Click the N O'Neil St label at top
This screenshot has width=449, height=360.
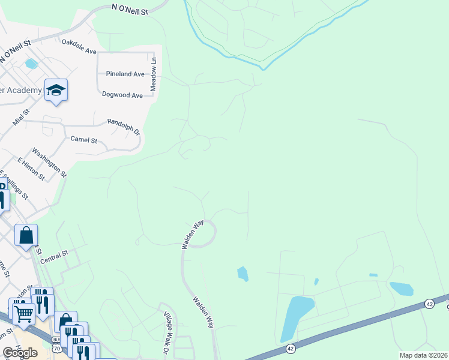tap(130, 7)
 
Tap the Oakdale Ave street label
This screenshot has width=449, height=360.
tap(79, 47)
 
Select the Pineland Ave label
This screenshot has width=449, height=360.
tap(125, 74)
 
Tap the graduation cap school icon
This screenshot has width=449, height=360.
tap(56, 90)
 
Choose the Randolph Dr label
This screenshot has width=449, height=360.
tap(123, 127)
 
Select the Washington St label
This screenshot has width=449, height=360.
tap(49, 163)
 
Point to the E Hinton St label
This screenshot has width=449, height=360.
tap(31, 169)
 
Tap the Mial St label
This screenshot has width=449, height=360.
tap(21, 117)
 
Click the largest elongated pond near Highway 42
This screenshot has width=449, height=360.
tap(297, 318)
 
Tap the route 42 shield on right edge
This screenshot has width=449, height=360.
tap(429, 304)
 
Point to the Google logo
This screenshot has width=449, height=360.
tap(20, 353)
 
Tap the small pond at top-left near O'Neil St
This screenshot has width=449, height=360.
tap(31, 64)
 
